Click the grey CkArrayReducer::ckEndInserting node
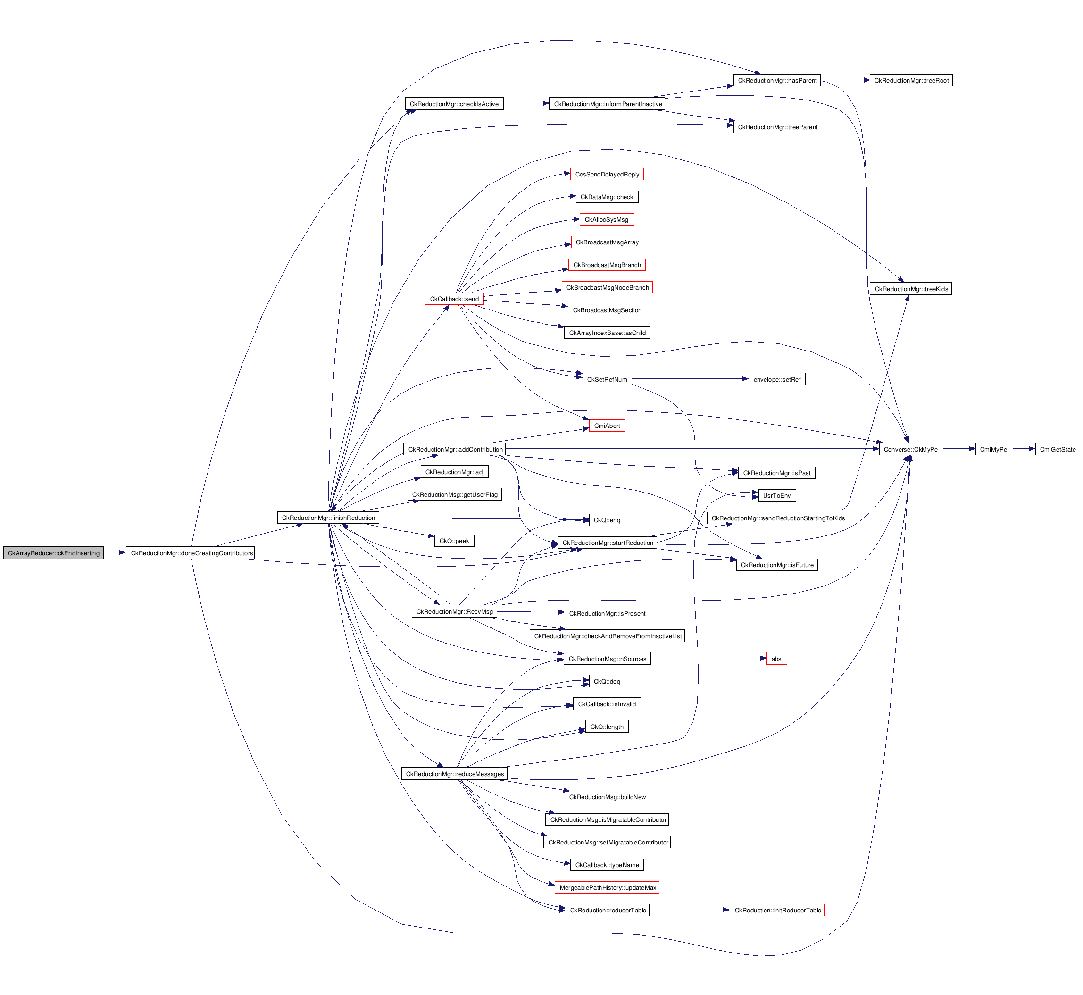53,553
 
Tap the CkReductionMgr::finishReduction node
328,518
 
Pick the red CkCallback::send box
454,299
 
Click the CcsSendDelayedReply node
607,175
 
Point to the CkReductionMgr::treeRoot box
911,81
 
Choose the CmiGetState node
1057,449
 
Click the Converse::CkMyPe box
910,449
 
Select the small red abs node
776,659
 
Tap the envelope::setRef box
776,380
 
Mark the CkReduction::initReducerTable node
777,911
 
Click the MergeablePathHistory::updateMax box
607,888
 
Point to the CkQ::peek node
454,541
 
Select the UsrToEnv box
776,495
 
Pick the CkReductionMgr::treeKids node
910,289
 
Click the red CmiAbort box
607,426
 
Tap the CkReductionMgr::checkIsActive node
454,104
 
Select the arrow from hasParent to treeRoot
845,80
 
